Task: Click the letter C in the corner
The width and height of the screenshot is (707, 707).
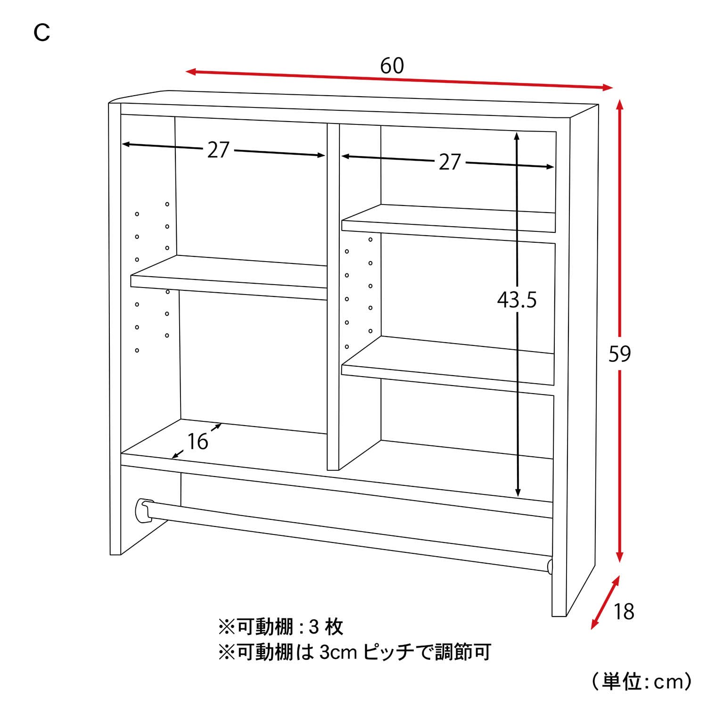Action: pos(42,33)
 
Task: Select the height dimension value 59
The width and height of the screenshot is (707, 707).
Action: pos(619,354)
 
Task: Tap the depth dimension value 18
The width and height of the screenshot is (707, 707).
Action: pos(624,612)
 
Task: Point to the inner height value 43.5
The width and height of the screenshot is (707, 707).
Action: pos(517,300)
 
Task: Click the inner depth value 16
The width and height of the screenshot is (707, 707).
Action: pos(197,442)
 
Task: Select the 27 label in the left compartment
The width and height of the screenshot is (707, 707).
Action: pos(218,150)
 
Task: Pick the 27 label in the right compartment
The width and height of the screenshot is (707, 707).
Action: pos(449,162)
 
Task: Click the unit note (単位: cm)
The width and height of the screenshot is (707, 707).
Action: pos(641,681)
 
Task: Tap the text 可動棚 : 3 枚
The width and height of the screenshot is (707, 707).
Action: pos(280,627)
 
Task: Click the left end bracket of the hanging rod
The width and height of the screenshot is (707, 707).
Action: pos(143,511)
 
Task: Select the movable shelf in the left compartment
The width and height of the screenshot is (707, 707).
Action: pos(229,278)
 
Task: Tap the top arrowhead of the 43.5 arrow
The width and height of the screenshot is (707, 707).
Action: pos(517,136)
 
